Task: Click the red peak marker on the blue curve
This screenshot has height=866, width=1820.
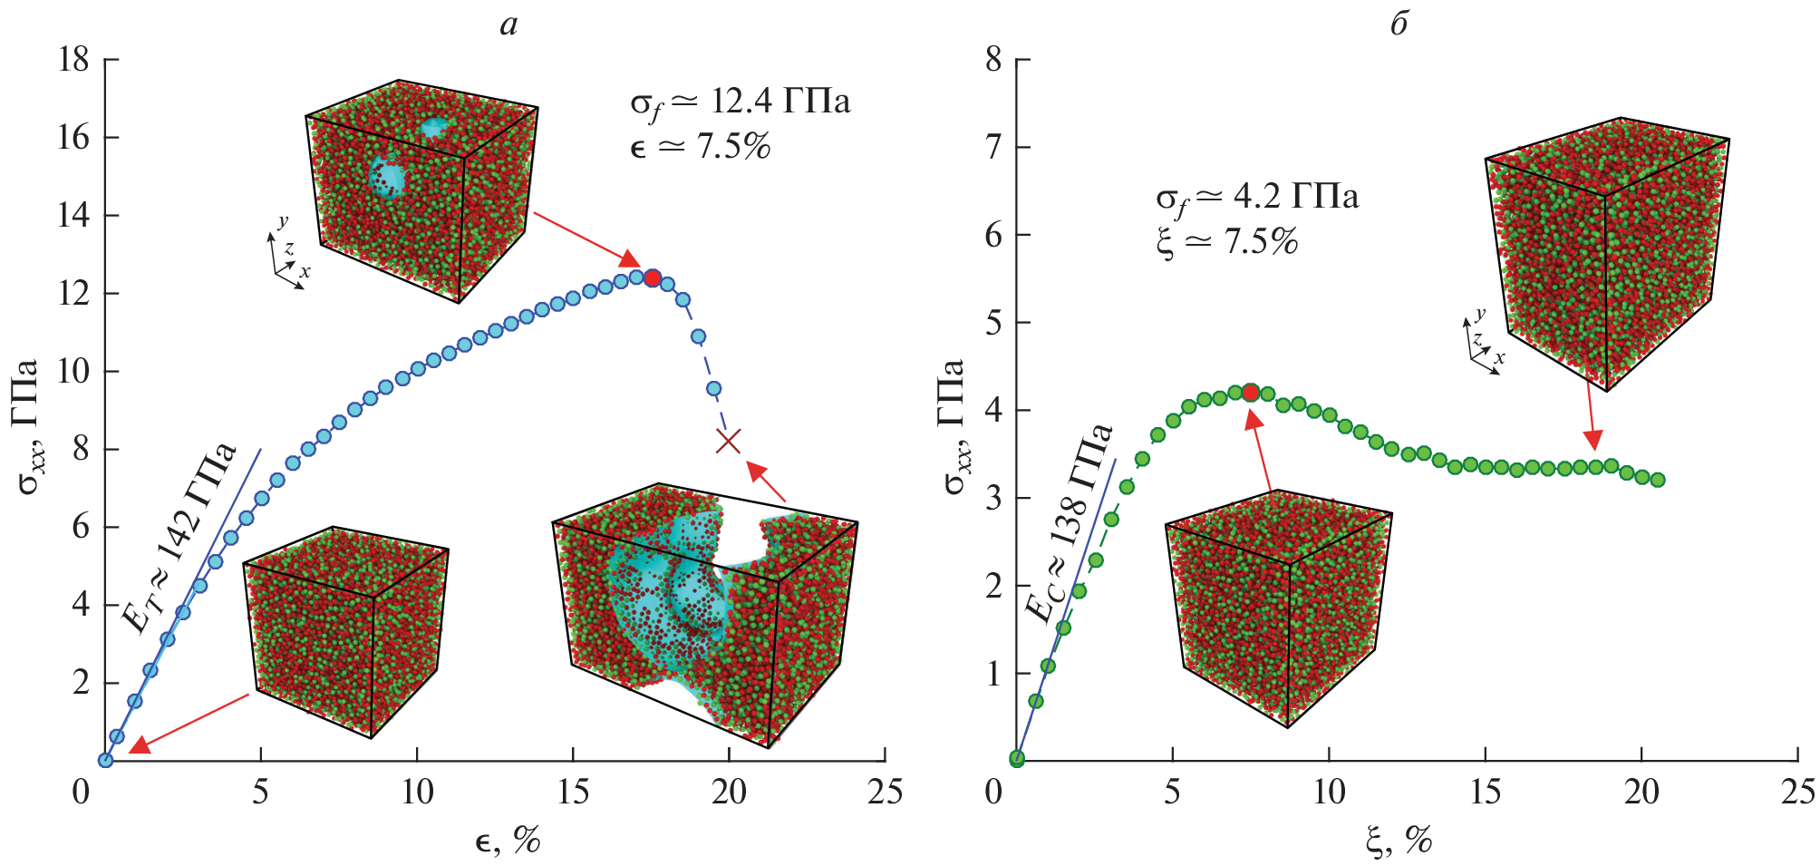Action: click(x=652, y=278)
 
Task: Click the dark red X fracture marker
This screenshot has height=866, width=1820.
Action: click(x=729, y=441)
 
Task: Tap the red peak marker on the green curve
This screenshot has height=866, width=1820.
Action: click(x=1251, y=393)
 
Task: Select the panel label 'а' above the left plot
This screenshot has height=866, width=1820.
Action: click(x=508, y=24)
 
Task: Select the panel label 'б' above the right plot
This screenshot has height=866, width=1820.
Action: click(x=1399, y=24)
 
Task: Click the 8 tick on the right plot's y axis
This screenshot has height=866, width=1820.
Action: click(x=993, y=60)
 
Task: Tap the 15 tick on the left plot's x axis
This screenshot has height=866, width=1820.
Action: click(x=573, y=792)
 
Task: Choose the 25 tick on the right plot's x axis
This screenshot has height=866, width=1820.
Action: click(x=1797, y=792)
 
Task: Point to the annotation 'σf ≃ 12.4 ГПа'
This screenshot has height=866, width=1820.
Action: click(x=740, y=102)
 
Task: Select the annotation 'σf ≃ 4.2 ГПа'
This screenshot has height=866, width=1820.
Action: click(x=1257, y=198)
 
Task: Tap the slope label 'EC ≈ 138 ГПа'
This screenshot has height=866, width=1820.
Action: click(x=1069, y=523)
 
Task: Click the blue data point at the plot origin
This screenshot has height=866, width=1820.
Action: click(x=105, y=760)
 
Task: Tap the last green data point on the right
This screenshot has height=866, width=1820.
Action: click(x=1658, y=480)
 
